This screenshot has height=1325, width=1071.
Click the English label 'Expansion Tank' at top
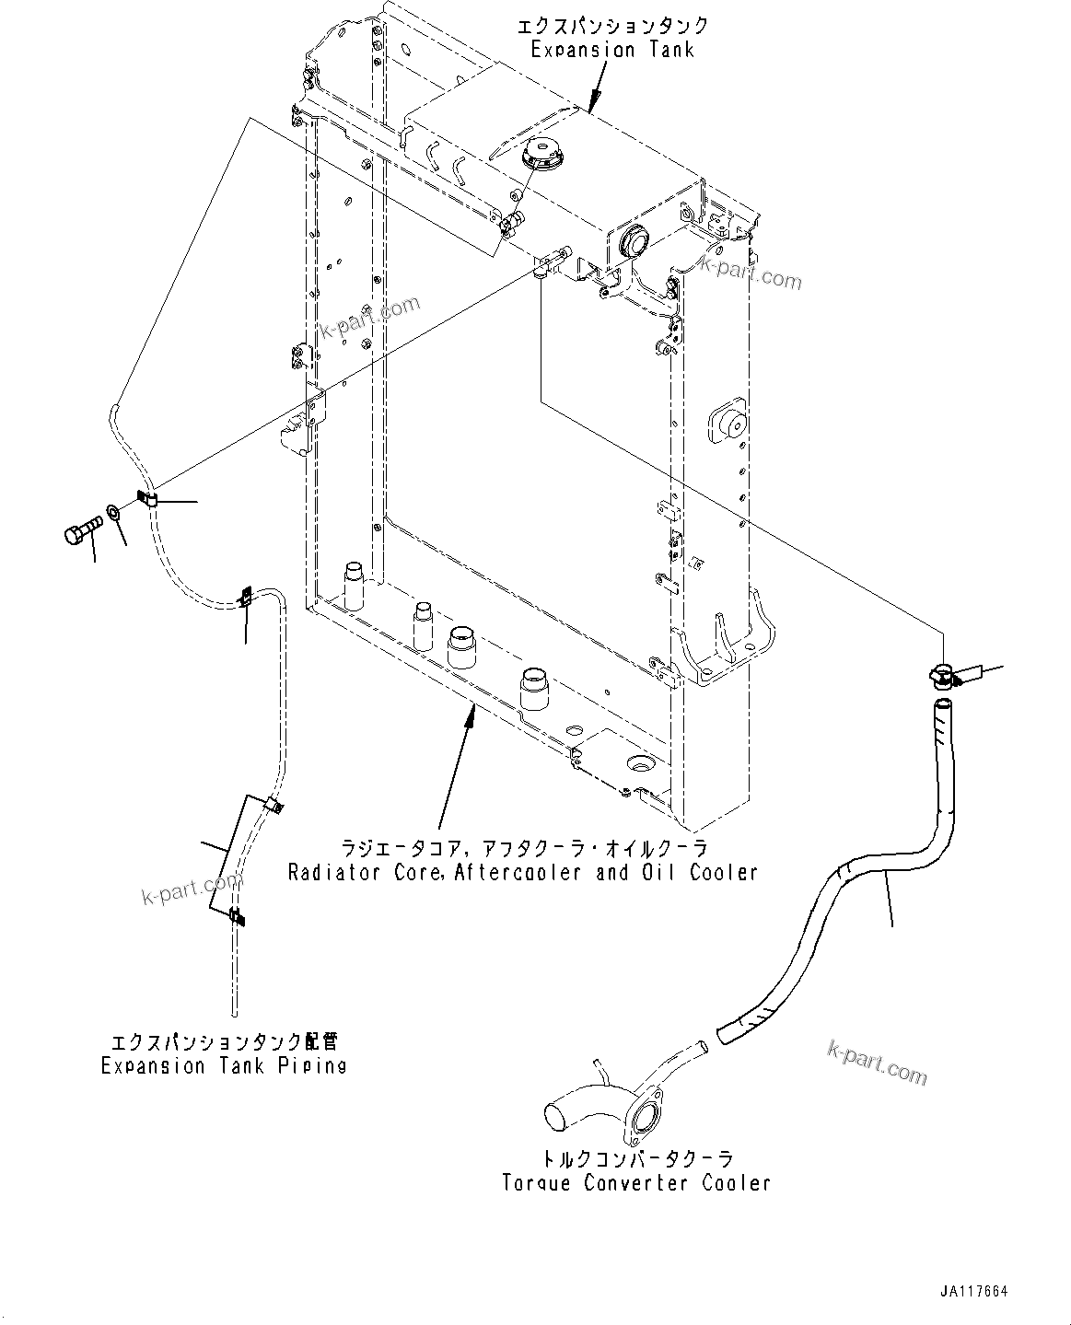[x=611, y=50]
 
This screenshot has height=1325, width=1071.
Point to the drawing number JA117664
[x=972, y=1292]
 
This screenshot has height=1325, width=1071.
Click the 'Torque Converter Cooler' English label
[x=636, y=1183]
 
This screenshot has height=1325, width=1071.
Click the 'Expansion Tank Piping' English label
[x=224, y=1066]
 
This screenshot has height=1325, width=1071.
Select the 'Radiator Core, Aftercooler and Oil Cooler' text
[x=522, y=872]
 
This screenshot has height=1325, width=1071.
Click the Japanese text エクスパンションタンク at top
[x=612, y=26]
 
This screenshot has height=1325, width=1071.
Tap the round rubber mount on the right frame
[x=729, y=424]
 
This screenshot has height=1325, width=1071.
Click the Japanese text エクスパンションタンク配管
[x=224, y=1043]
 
